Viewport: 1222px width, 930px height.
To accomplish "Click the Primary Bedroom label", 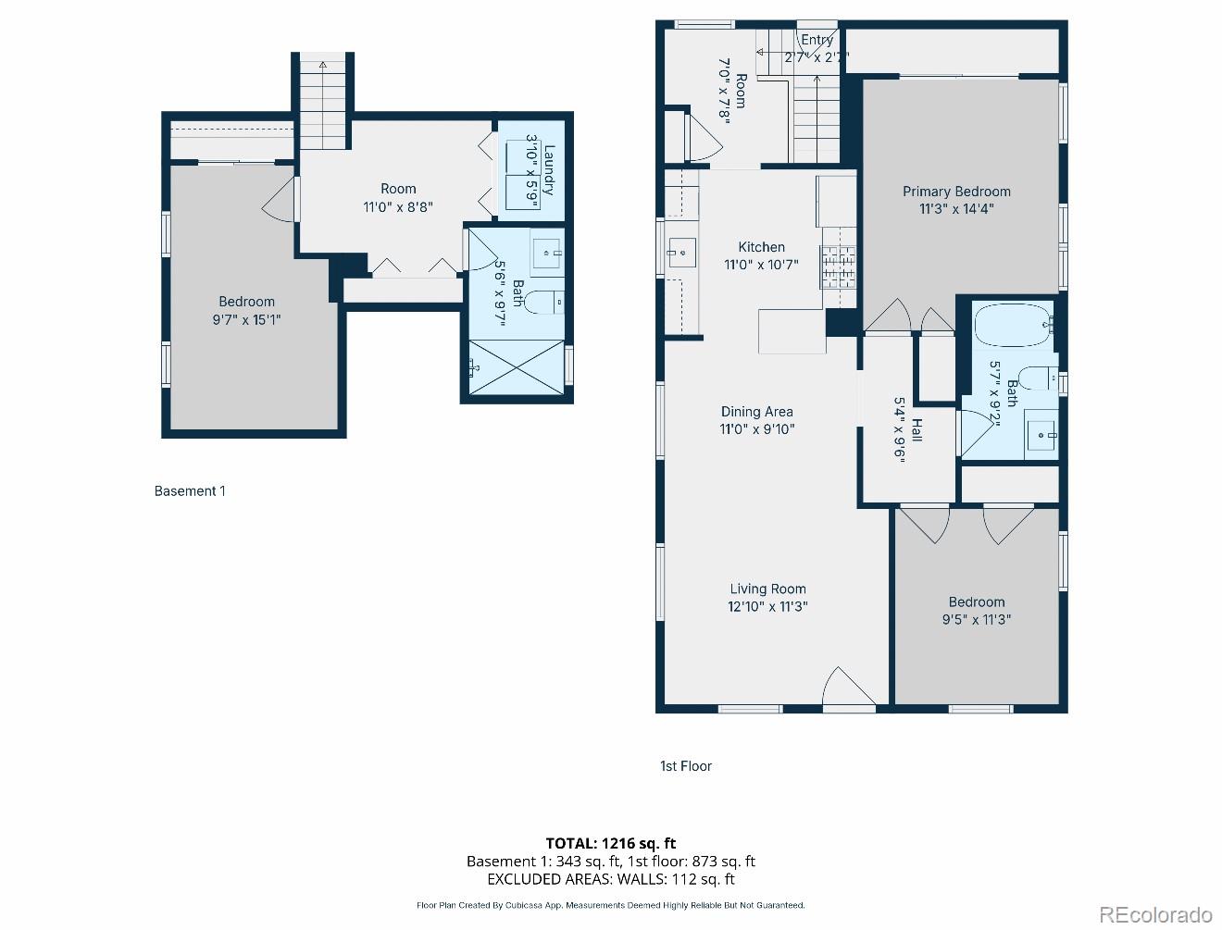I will [956, 192].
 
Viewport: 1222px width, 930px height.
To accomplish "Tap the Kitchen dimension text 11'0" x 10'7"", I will [761, 265].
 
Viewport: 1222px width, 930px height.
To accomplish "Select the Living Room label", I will [767, 589].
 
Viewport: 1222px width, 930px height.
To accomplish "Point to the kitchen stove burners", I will [838, 267].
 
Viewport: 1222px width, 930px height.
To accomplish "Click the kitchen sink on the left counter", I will [681, 252].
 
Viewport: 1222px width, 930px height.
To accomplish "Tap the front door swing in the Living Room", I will [847, 689].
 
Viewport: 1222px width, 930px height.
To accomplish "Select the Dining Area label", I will [756, 411].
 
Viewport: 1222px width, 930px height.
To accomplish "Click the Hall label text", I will [916, 429].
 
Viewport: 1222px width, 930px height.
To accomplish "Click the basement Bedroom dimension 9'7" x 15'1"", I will [246, 320].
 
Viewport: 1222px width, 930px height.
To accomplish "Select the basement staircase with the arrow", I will [323, 102].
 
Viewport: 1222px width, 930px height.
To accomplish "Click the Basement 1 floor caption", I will [190, 491].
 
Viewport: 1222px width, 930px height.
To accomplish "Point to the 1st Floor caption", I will [686, 766].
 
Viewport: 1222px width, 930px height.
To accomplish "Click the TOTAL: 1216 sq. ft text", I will [610, 843].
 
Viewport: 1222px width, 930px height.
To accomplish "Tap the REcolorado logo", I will [1155, 914].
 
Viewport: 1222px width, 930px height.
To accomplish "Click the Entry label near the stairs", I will [817, 40].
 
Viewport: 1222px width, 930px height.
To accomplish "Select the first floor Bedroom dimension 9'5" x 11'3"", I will [976, 620].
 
